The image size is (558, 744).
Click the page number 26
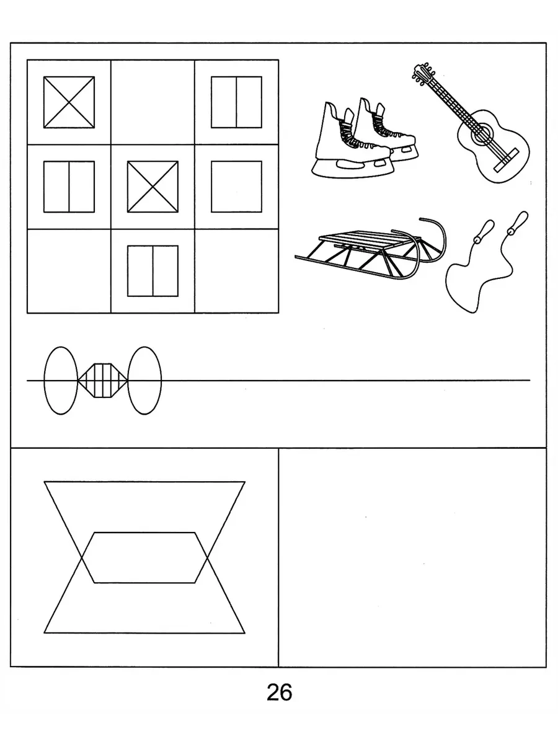[x=279, y=692]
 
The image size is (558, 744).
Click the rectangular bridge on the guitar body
[x=506, y=160]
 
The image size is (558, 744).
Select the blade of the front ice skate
[x=353, y=169]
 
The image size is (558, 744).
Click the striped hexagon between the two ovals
[x=102, y=380]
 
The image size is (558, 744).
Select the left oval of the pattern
[x=61, y=380]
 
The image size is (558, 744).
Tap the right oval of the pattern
[x=144, y=380]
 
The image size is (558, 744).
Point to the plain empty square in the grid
[x=236, y=187]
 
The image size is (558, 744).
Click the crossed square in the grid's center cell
[x=153, y=187]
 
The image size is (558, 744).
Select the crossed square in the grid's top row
[x=69, y=102]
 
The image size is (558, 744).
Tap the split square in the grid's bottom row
[x=153, y=271]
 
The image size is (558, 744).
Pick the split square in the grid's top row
[x=236, y=102]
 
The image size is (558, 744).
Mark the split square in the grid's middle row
[x=69, y=187]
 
